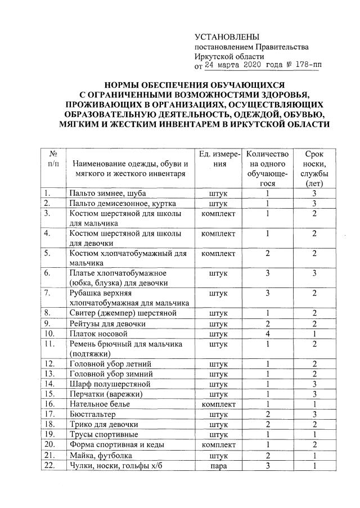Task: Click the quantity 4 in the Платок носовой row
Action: (268, 334)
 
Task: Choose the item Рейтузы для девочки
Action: (107, 323)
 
